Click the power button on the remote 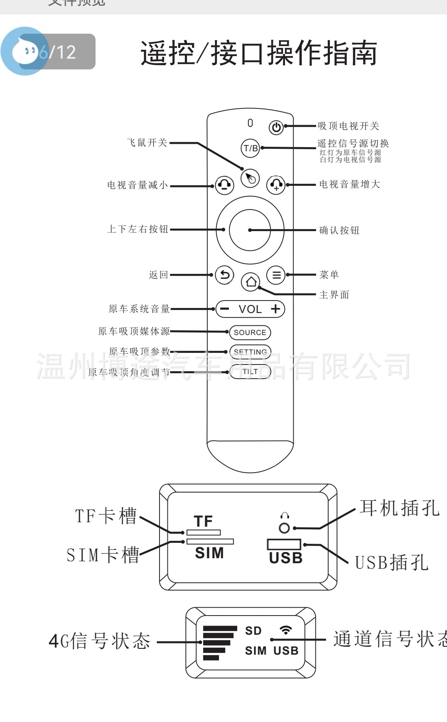pyautogui.click(x=276, y=127)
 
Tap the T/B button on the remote pyautogui.click(x=251, y=148)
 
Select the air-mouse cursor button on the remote pyautogui.click(x=250, y=178)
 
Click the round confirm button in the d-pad pyautogui.click(x=250, y=230)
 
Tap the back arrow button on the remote pyautogui.click(x=225, y=275)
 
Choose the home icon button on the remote pyautogui.click(x=251, y=282)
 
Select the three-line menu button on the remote pyautogui.click(x=276, y=275)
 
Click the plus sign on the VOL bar pyautogui.click(x=275, y=309)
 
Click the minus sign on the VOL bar pyautogui.click(x=224, y=309)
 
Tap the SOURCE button pyautogui.click(x=250, y=333)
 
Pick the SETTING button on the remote pyautogui.click(x=250, y=352)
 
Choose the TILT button pyautogui.click(x=250, y=372)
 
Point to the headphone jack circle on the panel pyautogui.click(x=285, y=528)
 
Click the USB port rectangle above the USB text pyautogui.click(x=284, y=544)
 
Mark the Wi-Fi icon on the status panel pyautogui.click(x=285, y=630)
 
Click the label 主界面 pyautogui.click(x=334, y=295)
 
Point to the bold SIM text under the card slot pyautogui.click(x=209, y=553)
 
